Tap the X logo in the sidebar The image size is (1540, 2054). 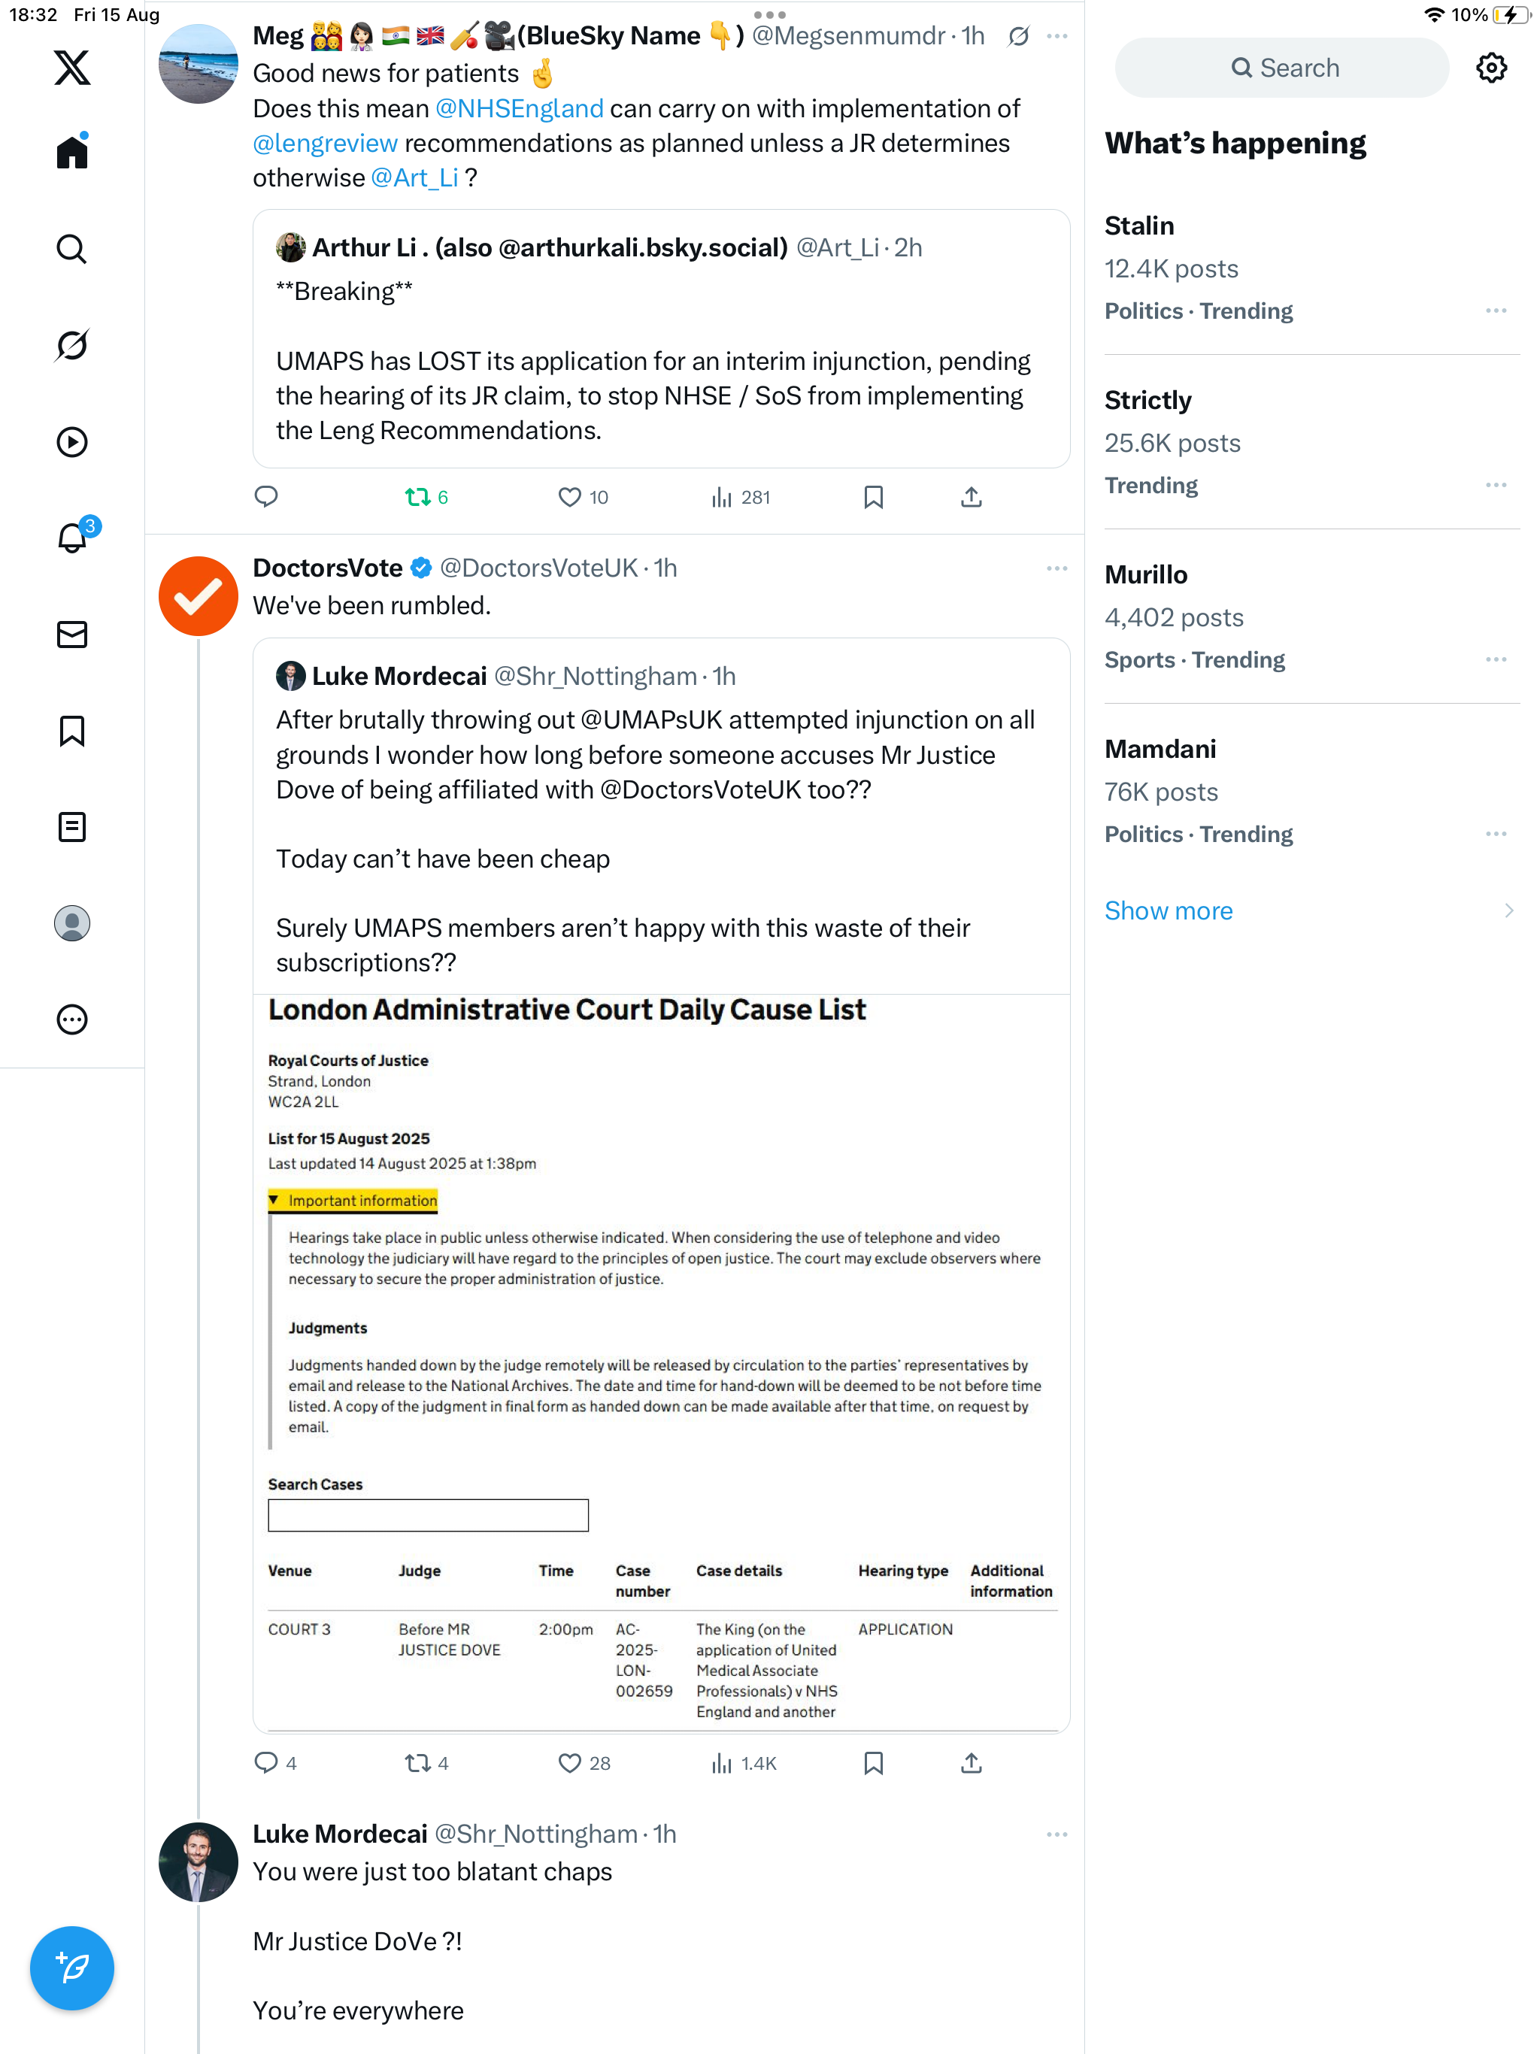coord(71,68)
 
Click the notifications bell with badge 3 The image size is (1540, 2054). coord(71,538)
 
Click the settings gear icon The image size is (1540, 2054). coord(1491,68)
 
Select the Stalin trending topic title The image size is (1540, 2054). coord(1138,226)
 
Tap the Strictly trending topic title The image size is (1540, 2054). coord(1147,400)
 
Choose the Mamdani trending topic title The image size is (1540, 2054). coord(1160,748)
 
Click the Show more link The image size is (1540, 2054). coord(1168,910)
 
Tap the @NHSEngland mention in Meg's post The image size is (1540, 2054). coord(519,109)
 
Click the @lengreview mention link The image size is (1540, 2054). coord(325,143)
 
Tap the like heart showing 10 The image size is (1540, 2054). coord(569,498)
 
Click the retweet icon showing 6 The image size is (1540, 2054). coord(417,498)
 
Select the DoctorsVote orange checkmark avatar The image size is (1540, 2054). coord(198,595)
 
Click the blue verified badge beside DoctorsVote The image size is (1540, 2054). coord(421,568)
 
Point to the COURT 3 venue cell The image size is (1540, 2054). coord(299,1628)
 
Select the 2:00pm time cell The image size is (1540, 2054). coord(565,1628)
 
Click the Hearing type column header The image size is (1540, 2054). coord(902,1571)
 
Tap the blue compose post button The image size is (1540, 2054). coord(71,1967)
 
